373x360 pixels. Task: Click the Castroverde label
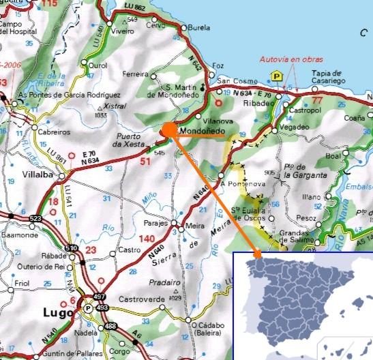click(x=143, y=299)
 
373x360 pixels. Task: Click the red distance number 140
click(x=147, y=239)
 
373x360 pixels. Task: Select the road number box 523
click(x=35, y=218)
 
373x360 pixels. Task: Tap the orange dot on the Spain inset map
click(x=258, y=256)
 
